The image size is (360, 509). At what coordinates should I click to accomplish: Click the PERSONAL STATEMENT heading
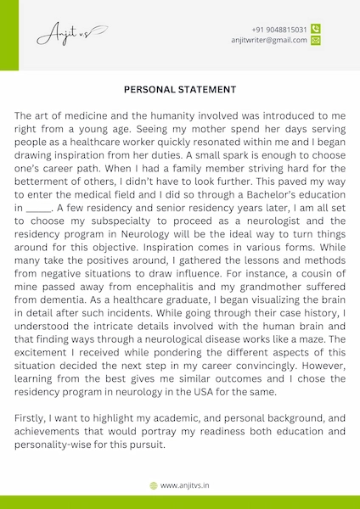[x=180, y=88]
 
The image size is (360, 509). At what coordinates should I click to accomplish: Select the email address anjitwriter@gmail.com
[x=268, y=40]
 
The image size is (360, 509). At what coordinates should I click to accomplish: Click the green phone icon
[x=316, y=28]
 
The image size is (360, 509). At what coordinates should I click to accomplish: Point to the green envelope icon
[x=316, y=40]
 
